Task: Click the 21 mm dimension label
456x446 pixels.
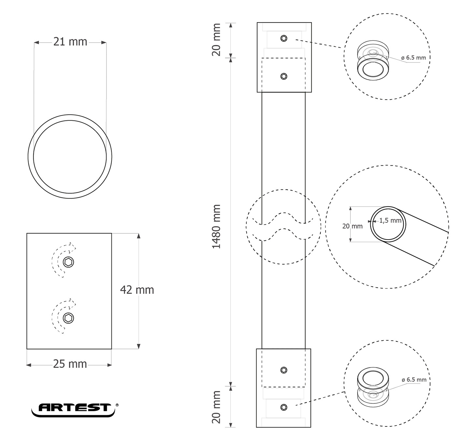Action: point(70,42)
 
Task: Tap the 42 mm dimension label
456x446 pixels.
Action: point(137,290)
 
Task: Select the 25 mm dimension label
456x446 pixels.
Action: point(70,364)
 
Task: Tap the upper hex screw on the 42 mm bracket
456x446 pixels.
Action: point(68,262)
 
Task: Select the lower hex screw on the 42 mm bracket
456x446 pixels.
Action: point(68,318)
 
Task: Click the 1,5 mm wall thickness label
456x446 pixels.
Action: point(390,220)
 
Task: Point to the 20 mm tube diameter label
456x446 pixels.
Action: point(352,226)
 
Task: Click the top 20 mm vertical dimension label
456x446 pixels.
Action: point(216,40)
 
